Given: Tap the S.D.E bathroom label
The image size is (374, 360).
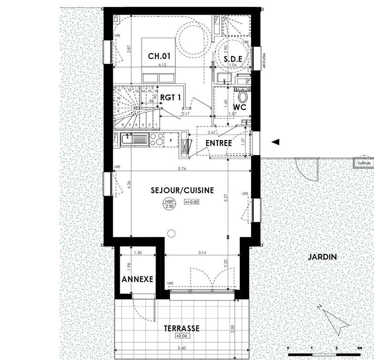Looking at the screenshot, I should (x=232, y=59).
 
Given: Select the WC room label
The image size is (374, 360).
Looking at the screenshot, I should (x=239, y=107).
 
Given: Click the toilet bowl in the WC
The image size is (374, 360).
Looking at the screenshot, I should (x=242, y=96).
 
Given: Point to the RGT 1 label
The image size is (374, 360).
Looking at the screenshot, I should (x=171, y=98).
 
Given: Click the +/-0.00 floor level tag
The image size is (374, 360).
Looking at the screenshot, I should (x=192, y=203).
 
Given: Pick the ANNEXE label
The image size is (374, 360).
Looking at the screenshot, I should (x=137, y=280).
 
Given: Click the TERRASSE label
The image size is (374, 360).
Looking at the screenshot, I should (x=181, y=329).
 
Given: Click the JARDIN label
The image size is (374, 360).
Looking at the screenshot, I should (x=322, y=257).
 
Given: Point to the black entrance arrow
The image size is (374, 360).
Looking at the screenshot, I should (x=276, y=141).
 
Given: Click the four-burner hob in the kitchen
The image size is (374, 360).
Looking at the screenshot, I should (x=157, y=139).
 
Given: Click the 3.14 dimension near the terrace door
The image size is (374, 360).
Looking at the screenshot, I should (x=202, y=253).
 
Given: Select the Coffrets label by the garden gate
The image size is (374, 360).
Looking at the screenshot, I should (x=363, y=163).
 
